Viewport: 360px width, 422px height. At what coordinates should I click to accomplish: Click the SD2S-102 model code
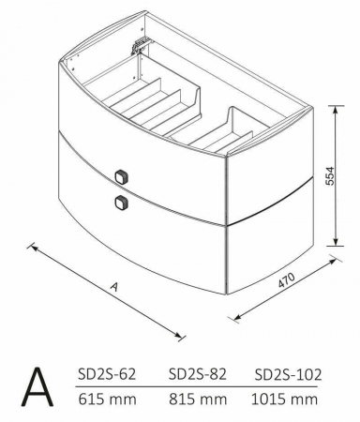tap(288, 374)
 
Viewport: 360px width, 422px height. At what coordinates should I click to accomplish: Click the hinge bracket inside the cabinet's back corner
tap(140, 43)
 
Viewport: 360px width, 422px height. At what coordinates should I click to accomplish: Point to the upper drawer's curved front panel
tap(141, 159)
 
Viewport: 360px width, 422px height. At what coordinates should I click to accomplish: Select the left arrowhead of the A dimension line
tap(32, 247)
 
